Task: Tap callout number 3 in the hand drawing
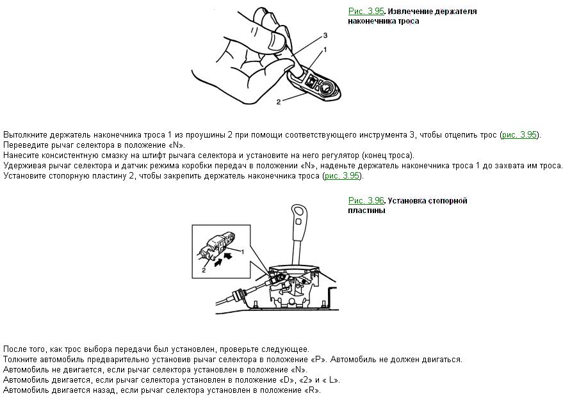pyautogui.click(x=325, y=35)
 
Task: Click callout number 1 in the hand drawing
pyautogui.click(x=325, y=49)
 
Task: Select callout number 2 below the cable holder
pyautogui.click(x=279, y=102)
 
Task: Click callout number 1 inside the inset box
pyautogui.click(x=243, y=252)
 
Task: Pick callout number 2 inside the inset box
pyautogui.click(x=203, y=270)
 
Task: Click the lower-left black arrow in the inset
pyautogui.click(x=220, y=264)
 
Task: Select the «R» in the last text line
pyautogui.click(x=313, y=390)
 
